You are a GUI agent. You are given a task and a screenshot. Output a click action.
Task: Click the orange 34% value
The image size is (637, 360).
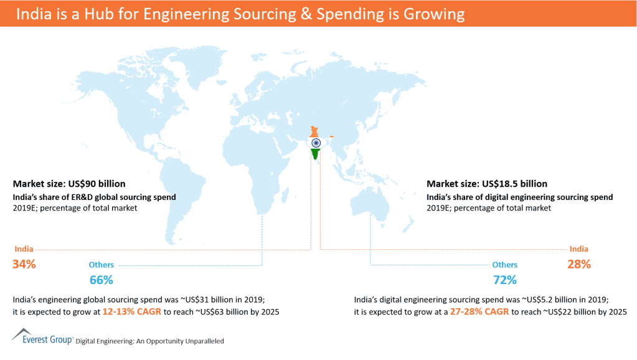[24, 264]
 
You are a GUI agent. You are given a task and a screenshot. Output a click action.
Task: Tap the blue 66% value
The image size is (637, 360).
[101, 280]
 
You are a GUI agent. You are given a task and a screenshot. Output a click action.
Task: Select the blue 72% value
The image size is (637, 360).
[505, 280]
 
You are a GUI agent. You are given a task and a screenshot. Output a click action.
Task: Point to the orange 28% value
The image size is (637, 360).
[578, 264]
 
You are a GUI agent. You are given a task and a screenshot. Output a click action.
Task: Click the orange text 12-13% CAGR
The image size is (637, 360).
[131, 311]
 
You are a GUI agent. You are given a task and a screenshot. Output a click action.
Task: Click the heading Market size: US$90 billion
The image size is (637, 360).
[69, 184]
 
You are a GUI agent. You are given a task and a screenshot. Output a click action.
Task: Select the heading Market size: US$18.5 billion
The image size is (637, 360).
[487, 184]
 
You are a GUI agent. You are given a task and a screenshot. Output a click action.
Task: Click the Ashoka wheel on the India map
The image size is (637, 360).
[316, 143]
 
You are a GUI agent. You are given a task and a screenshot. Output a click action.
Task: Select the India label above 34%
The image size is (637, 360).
[24, 249]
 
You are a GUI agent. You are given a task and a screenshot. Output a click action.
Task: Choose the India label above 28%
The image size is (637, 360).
[578, 249]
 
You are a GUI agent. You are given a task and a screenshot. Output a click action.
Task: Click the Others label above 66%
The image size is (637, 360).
[101, 265]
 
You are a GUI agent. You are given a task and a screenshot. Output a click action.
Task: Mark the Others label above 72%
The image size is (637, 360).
[505, 265]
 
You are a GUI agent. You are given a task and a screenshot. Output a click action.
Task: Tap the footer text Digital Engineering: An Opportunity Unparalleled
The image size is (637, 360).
[149, 341]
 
